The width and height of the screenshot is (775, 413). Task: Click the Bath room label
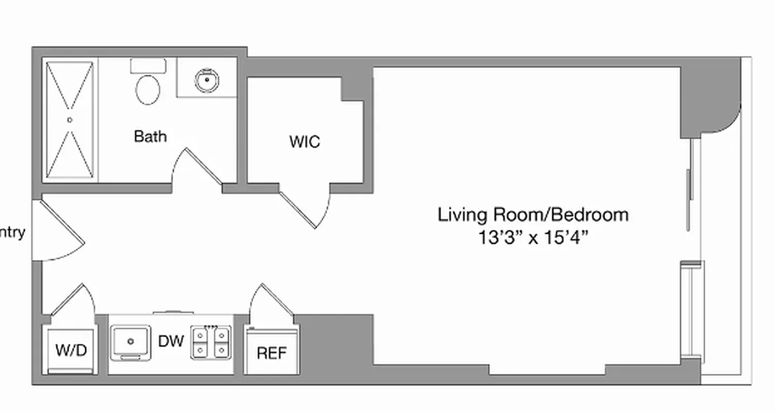[x=150, y=136]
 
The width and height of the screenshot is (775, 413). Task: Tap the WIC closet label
[x=304, y=141]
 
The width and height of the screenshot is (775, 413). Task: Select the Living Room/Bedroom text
[x=533, y=214]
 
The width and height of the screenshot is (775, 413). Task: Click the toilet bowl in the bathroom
[x=148, y=90]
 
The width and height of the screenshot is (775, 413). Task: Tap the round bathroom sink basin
[x=207, y=80]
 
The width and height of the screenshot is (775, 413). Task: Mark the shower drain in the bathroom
[x=70, y=120]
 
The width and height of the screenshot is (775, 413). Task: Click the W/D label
[x=71, y=351]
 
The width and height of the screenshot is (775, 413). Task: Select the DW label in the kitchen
[x=171, y=341]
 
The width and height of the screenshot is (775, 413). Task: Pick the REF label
[x=271, y=353]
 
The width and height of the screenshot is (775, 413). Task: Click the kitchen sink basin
[x=131, y=341]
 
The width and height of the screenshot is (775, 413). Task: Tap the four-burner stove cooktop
[x=211, y=342]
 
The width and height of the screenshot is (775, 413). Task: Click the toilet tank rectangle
[x=148, y=66]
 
